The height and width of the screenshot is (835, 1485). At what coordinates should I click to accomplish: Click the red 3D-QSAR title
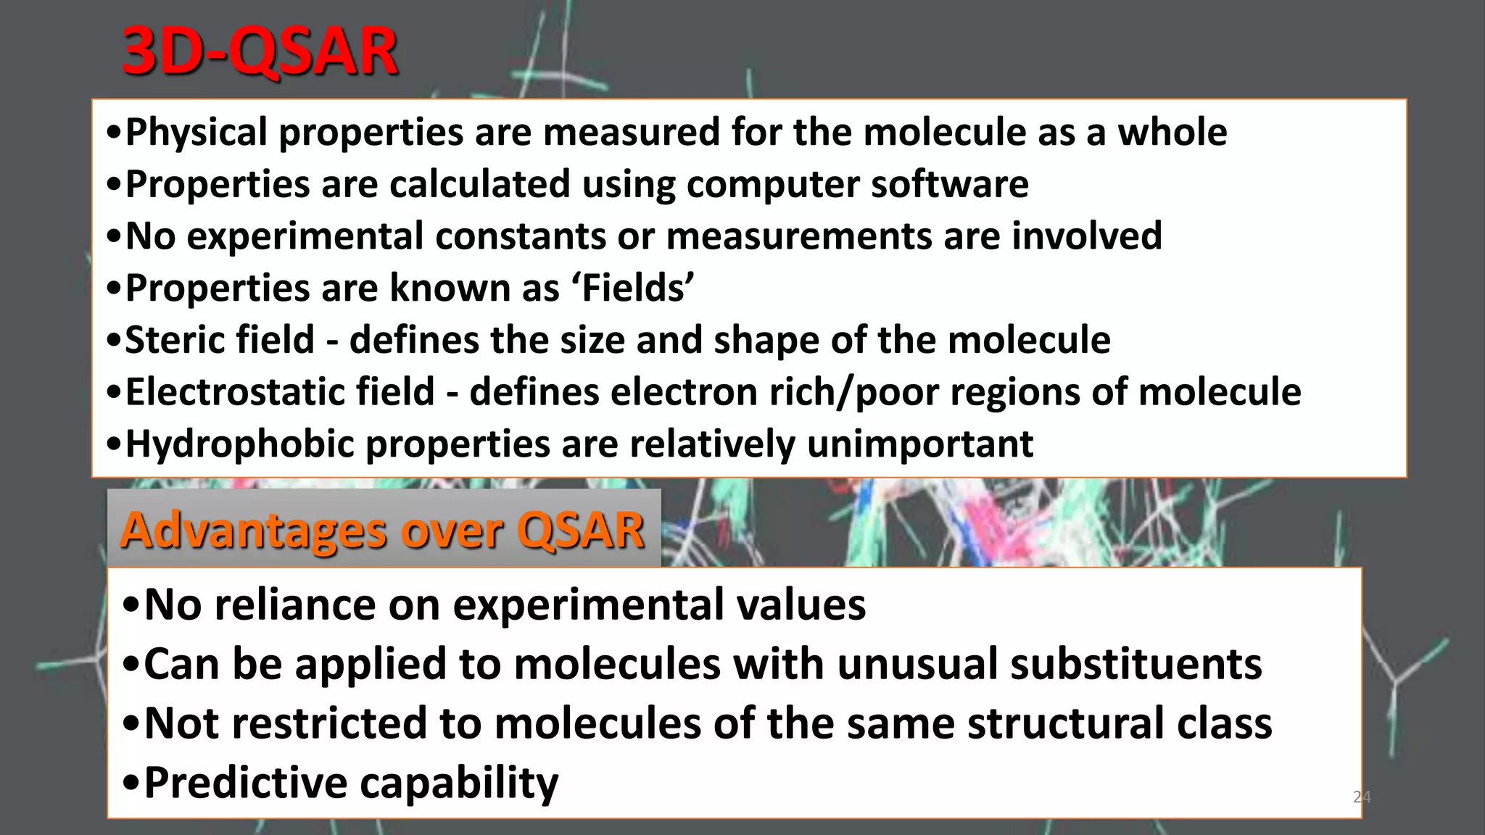pyautogui.click(x=260, y=52)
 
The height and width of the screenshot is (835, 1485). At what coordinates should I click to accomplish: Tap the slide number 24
pyautogui.click(x=1361, y=797)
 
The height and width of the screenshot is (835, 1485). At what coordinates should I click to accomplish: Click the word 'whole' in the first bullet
pyautogui.click(x=1172, y=133)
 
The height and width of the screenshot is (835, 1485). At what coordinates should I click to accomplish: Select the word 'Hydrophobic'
pyautogui.click(x=239, y=444)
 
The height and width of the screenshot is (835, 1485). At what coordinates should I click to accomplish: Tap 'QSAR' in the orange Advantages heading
pyautogui.click(x=580, y=531)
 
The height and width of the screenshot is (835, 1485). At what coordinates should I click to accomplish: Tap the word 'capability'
pyautogui.click(x=459, y=784)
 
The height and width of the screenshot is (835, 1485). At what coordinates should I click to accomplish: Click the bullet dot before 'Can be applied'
pyautogui.click(x=131, y=665)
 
